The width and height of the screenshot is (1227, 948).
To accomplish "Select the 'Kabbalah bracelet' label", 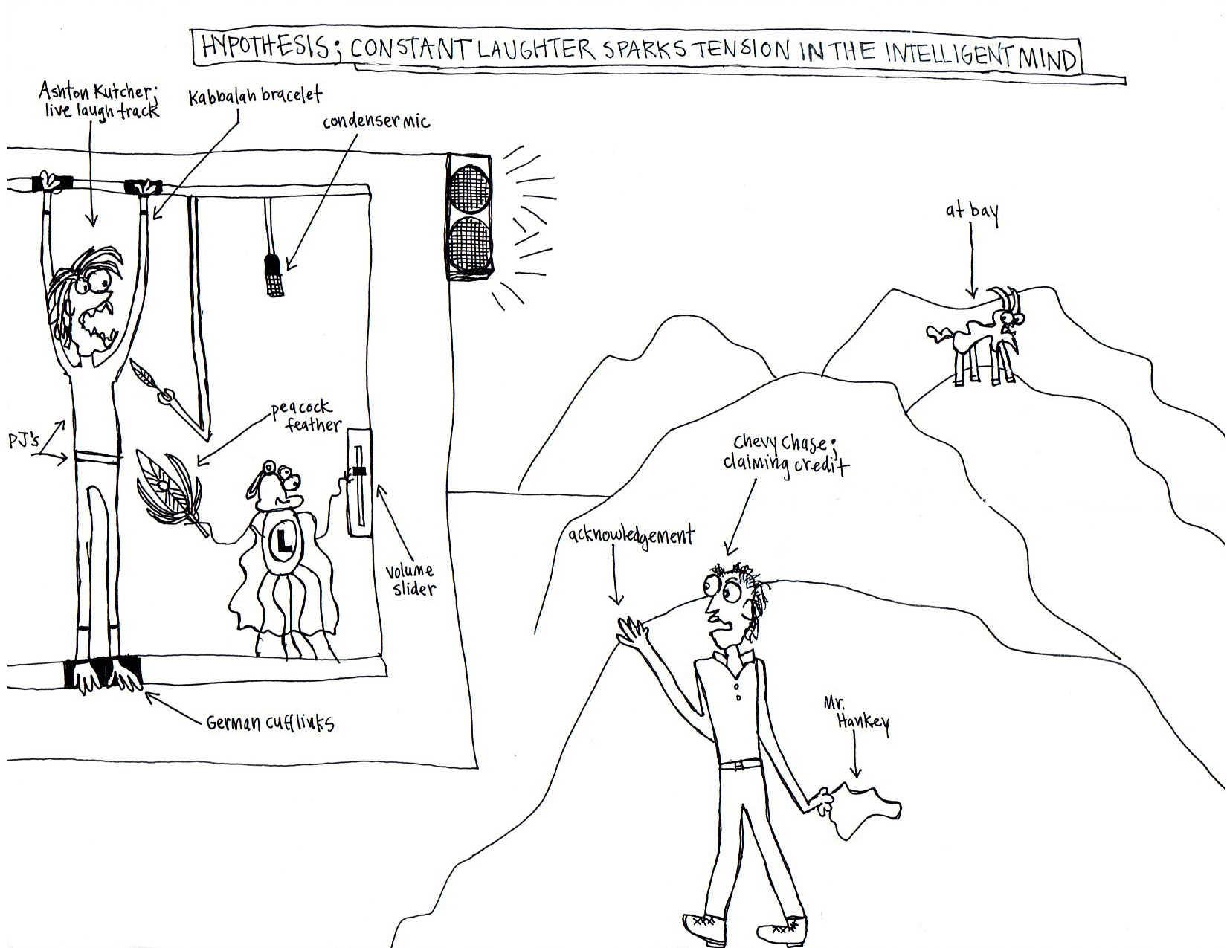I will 255,97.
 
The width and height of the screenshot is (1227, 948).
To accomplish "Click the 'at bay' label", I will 972,212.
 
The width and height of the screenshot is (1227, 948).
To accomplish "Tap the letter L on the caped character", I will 283,546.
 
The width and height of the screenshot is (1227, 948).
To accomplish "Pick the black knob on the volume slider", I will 360,471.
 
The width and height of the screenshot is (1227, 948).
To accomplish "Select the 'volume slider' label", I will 410,580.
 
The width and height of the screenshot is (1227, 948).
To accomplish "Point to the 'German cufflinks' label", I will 270,721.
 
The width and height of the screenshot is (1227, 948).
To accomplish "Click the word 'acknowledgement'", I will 631,535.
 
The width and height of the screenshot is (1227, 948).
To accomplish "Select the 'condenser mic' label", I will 376,121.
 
